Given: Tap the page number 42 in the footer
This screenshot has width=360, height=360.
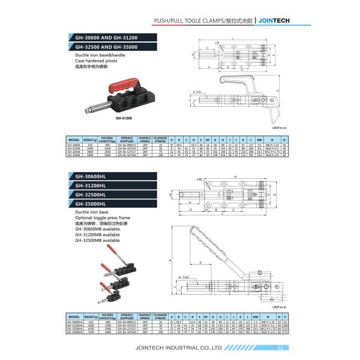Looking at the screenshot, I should pos(280,347).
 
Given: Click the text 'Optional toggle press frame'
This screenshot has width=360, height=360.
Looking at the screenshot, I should pos(102,218).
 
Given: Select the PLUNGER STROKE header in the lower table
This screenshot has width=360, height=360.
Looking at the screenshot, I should pos(159,315).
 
